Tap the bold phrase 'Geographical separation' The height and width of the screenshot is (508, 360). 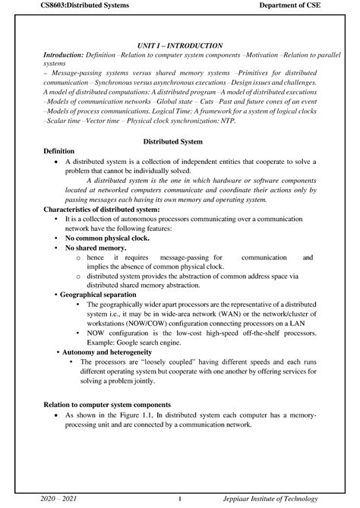(x=106, y=292)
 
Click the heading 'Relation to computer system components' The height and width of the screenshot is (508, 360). (x=107, y=405)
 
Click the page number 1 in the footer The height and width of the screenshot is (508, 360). (x=179, y=498)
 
